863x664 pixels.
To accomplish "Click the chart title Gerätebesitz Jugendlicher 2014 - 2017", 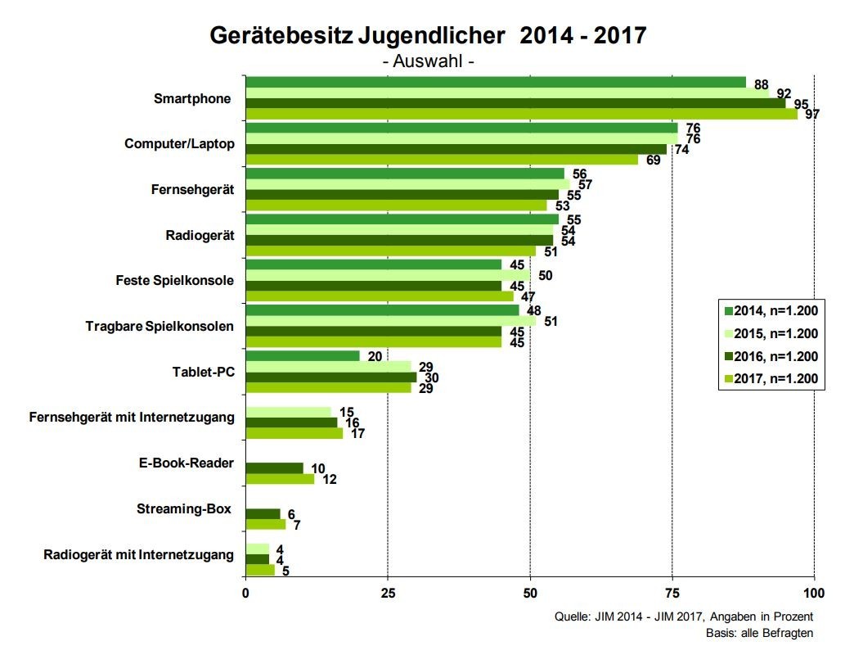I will point(428,36).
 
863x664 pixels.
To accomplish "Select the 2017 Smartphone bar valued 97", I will point(521,114).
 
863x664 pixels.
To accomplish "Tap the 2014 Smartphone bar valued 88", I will point(496,83).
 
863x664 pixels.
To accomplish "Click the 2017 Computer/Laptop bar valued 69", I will point(442,160).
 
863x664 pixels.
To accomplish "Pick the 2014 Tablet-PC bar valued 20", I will point(303,356).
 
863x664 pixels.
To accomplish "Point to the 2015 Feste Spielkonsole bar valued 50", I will point(388,275).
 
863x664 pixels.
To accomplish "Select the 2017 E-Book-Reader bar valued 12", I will point(280,479).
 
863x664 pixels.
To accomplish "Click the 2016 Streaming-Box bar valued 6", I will point(263,514).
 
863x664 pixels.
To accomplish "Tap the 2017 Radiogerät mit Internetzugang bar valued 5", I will point(260,570).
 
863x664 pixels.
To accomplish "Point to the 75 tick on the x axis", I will point(672,593).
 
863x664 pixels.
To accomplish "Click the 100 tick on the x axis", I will point(814,593).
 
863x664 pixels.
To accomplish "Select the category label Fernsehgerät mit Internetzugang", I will point(132,418).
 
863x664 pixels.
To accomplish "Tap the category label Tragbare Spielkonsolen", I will point(160,326).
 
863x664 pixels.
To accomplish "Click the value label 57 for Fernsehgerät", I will point(584,184).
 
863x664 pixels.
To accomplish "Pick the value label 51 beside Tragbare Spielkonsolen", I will point(551,321).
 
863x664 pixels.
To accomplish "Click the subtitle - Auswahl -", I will point(428,61).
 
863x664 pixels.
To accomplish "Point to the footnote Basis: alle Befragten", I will point(759,633).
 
